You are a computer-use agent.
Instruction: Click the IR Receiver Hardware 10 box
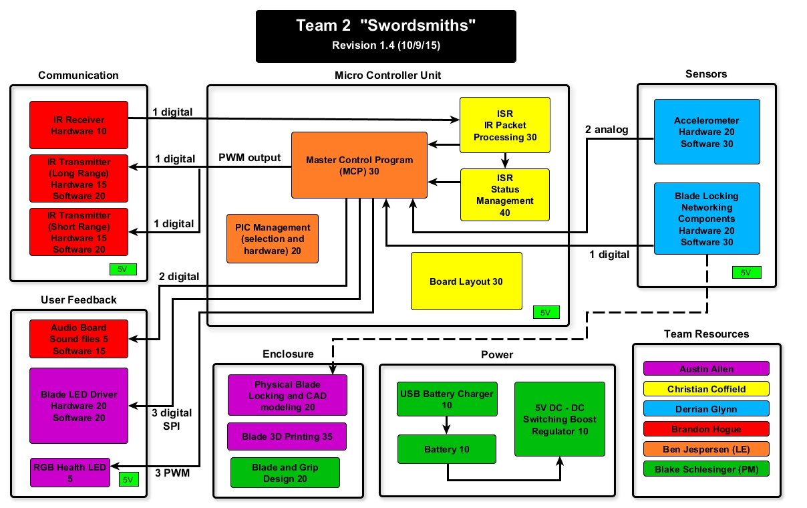coord(79,125)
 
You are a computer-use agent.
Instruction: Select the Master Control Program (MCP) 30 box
coord(359,165)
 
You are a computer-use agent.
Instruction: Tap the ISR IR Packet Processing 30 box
coord(505,125)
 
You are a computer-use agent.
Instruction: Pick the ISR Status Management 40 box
coord(505,195)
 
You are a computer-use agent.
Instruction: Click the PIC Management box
coord(273,239)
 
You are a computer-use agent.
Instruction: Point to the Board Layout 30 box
coord(466,281)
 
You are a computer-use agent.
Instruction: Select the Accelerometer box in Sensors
coord(707,132)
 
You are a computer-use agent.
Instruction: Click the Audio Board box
coord(79,339)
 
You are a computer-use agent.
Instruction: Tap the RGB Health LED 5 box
coord(70,473)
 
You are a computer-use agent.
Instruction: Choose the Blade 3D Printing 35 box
coord(287,436)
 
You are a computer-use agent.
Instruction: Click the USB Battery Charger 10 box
coord(447,399)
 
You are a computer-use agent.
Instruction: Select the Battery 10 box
coord(447,449)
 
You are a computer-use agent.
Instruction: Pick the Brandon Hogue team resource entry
coord(706,429)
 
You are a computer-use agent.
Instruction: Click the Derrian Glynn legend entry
coord(706,409)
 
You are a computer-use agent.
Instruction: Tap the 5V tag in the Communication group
coord(123,269)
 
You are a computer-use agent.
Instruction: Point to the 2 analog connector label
coord(607,130)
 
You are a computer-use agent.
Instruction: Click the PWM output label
coord(249,158)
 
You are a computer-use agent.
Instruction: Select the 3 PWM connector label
coord(172,473)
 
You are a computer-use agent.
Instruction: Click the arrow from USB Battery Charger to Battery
coord(447,425)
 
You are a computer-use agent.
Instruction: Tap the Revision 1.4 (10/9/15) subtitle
coord(386,45)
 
